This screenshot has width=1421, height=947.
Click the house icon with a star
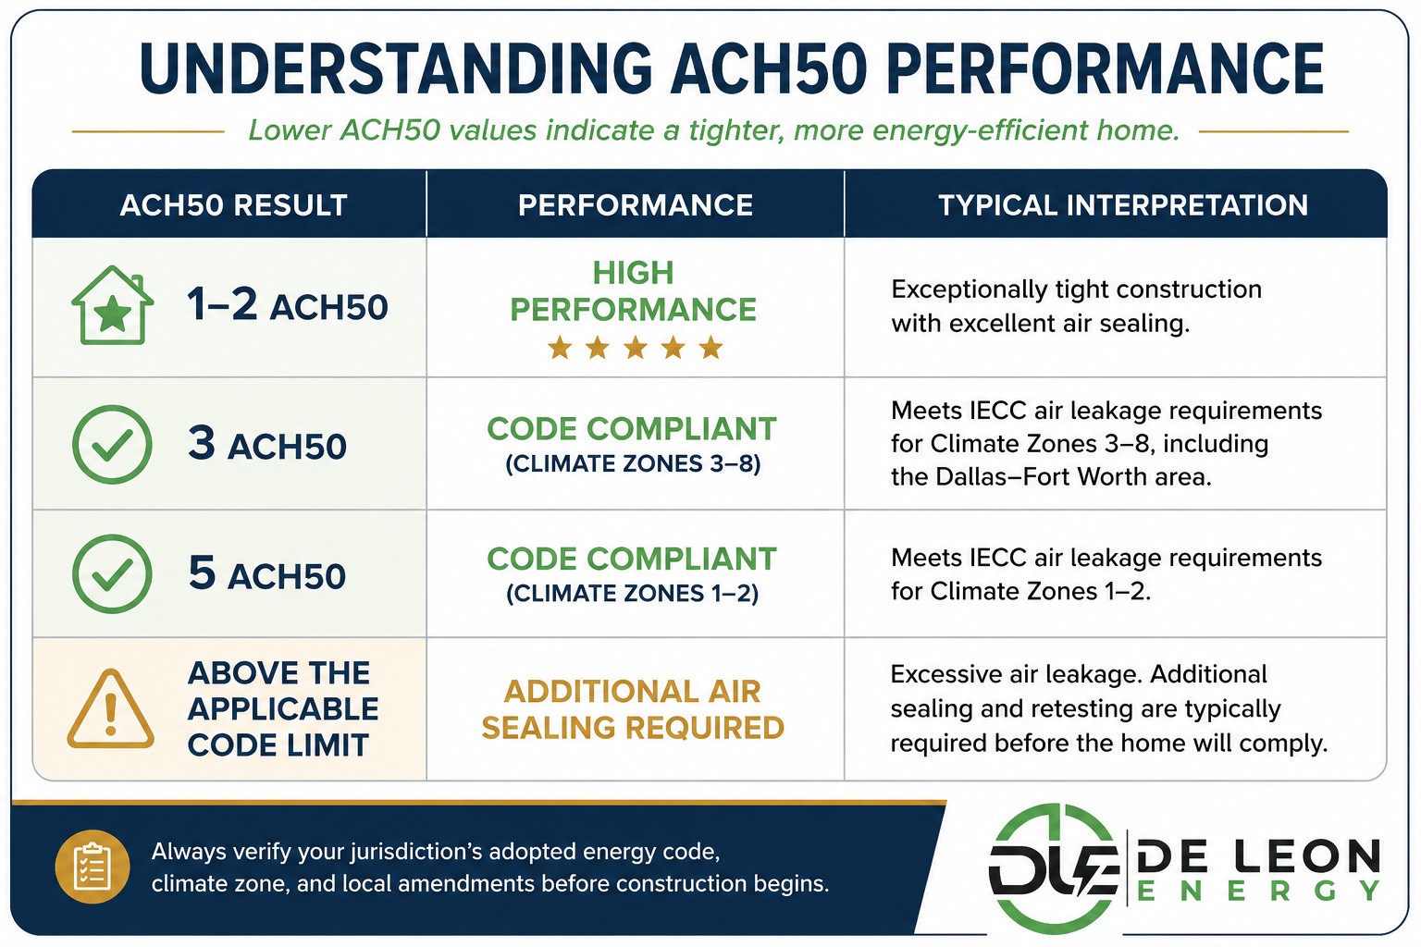112,305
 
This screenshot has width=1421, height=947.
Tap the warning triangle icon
111,708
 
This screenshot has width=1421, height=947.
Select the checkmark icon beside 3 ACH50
112,445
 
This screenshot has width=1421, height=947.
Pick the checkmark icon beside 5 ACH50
112,574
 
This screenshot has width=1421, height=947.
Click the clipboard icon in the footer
93,867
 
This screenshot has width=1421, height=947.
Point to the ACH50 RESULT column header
233,205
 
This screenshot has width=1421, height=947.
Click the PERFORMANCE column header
636,205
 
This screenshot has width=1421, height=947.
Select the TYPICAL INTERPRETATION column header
1123,205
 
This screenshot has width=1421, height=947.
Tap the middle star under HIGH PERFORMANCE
635,348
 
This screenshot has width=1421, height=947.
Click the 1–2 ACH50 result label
288,305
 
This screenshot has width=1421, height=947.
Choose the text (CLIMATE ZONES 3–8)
633,463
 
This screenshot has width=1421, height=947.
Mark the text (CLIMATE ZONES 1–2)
633,593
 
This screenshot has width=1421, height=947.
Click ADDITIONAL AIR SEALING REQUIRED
633,709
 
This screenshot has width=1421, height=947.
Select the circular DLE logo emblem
1053,869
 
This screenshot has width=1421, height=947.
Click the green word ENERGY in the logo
1258,892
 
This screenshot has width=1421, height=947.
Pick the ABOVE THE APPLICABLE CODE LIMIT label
283,708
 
